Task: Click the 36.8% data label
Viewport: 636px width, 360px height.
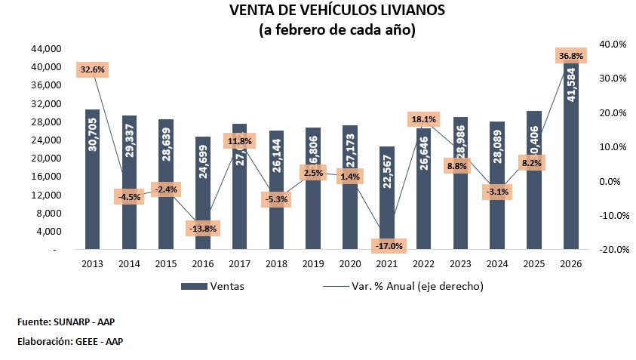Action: pyautogui.click(x=571, y=56)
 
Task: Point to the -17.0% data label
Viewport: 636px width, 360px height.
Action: pyautogui.click(x=387, y=246)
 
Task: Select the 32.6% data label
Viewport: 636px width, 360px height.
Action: pyautogui.click(x=92, y=69)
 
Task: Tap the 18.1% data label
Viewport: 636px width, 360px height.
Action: pyautogui.click(x=423, y=119)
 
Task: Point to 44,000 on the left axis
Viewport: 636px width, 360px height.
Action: pyautogui.click(x=46, y=49)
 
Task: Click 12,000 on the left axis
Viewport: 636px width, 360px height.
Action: pyautogui.click(x=46, y=195)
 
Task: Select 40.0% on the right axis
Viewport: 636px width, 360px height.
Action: pyautogui.click(x=612, y=45)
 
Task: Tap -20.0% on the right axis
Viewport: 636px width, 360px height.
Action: pyautogui.click(x=612, y=250)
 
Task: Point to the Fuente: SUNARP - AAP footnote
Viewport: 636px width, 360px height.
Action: pyautogui.click(x=66, y=322)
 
